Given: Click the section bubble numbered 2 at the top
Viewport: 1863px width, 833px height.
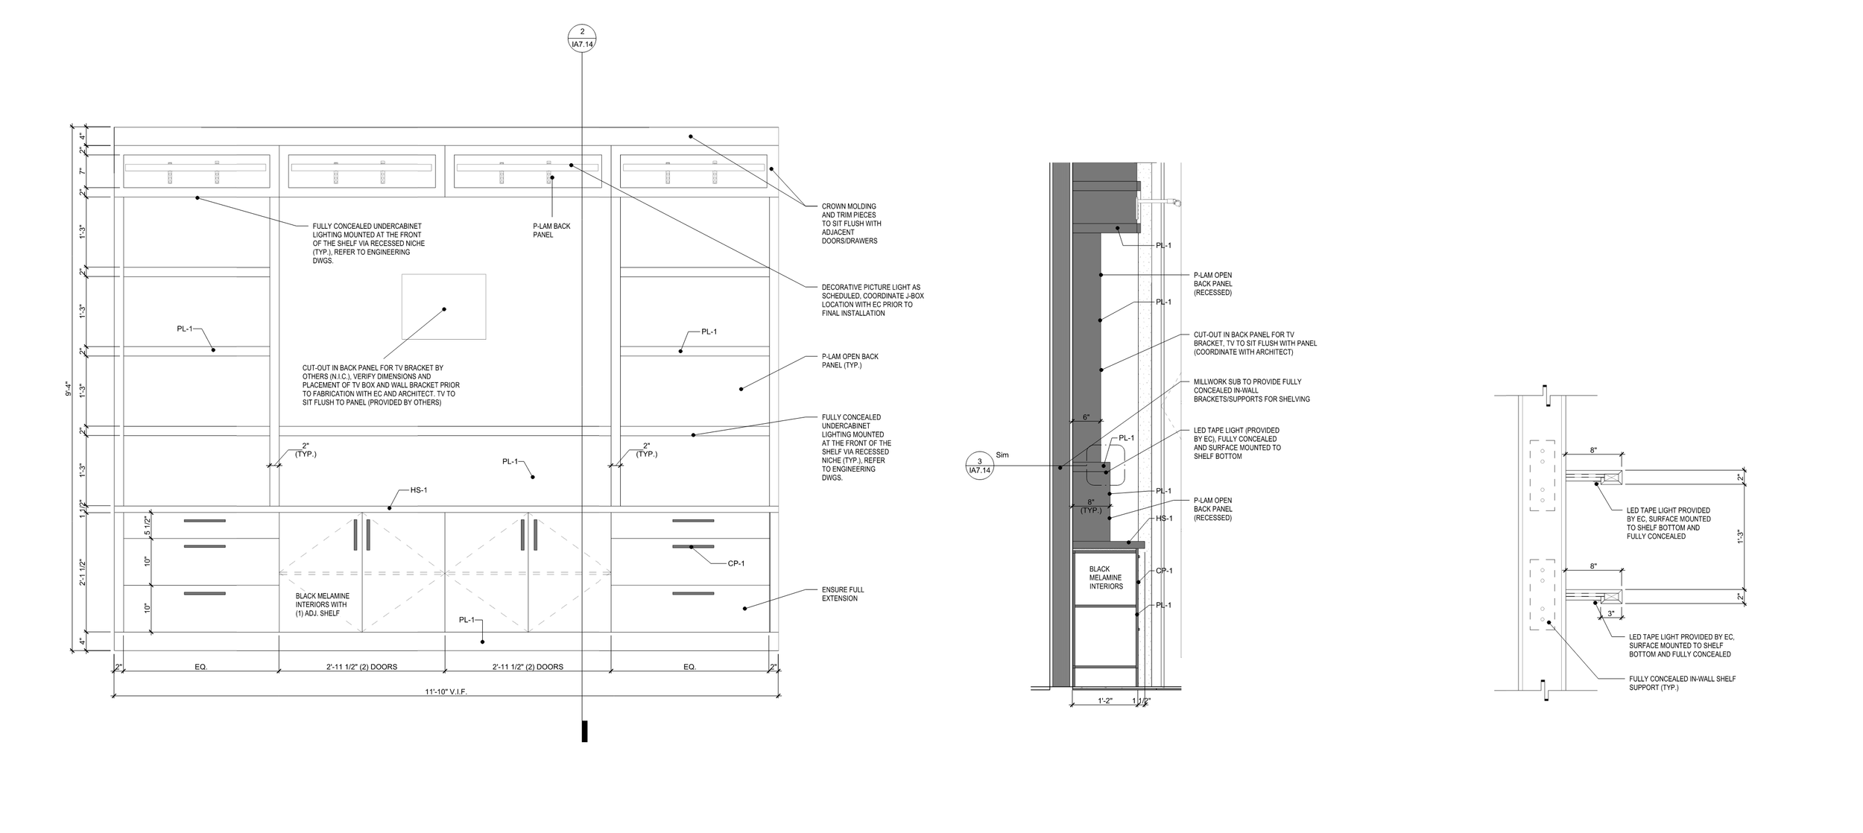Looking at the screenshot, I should pyautogui.click(x=582, y=37).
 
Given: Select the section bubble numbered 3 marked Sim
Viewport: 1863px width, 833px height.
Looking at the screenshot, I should pyautogui.click(x=979, y=466).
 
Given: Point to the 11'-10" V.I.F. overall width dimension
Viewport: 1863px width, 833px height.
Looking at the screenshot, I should pyautogui.click(x=446, y=691).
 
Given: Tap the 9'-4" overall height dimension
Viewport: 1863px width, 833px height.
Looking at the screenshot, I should pyautogui.click(x=69, y=389).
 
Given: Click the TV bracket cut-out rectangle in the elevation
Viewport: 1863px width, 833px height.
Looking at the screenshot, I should pyautogui.click(x=443, y=307).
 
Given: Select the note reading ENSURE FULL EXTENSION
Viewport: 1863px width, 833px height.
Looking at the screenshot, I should pyautogui.click(x=842, y=594).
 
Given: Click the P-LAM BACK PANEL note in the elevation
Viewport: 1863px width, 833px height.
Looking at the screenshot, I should pyautogui.click(x=551, y=230).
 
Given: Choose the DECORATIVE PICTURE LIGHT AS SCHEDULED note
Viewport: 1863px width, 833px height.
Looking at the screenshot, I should pyautogui.click(x=872, y=300).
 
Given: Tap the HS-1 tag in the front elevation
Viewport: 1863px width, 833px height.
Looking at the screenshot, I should pyautogui.click(x=419, y=490).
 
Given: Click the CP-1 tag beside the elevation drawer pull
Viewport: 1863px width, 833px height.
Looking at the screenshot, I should pyautogui.click(x=736, y=563).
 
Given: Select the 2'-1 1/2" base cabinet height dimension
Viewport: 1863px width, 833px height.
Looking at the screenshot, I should pyautogui.click(x=83, y=572).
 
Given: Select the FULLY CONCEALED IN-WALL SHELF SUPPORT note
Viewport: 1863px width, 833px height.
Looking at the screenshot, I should pyautogui.click(x=1682, y=683).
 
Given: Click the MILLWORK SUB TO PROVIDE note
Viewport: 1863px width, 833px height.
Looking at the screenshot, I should pyautogui.click(x=1251, y=390).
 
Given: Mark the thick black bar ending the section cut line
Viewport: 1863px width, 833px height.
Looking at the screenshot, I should pyautogui.click(x=584, y=731).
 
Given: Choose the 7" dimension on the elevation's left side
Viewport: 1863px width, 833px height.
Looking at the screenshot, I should pyautogui.click(x=83, y=172).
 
